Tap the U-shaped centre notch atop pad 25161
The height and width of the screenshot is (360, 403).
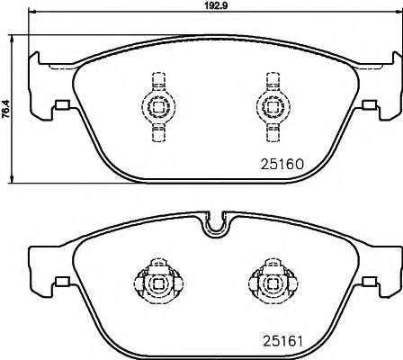click(212, 224)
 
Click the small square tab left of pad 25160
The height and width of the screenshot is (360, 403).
click(62, 105)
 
